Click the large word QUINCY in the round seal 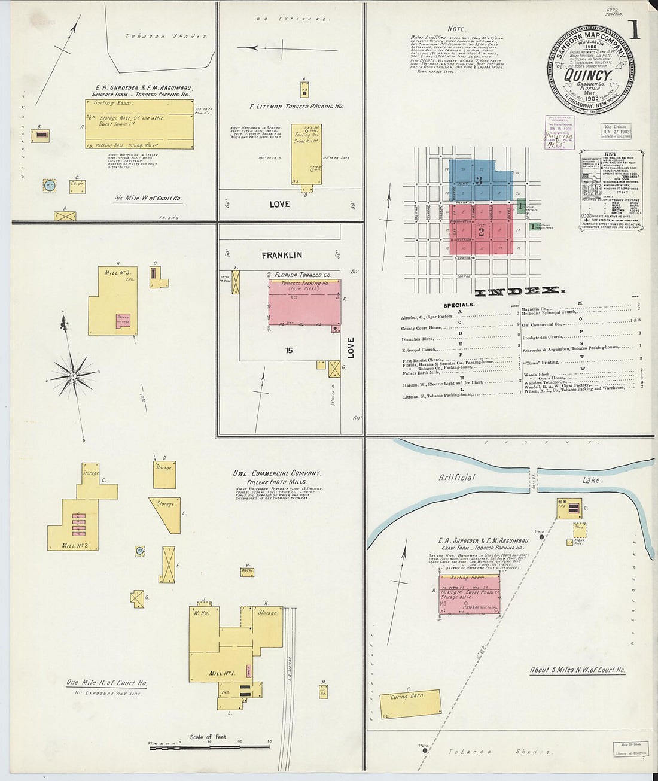(588, 76)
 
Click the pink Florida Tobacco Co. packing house (303, 304)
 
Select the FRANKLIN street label (282, 255)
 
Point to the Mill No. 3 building (112, 299)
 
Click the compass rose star (72, 375)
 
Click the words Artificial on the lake (456, 478)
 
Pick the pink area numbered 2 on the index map (481, 231)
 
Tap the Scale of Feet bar (209, 747)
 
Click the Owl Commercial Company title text (277, 473)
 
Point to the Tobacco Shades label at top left (166, 36)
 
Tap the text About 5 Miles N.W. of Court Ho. (577, 670)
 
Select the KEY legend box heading (610, 154)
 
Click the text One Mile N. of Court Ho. (106, 683)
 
